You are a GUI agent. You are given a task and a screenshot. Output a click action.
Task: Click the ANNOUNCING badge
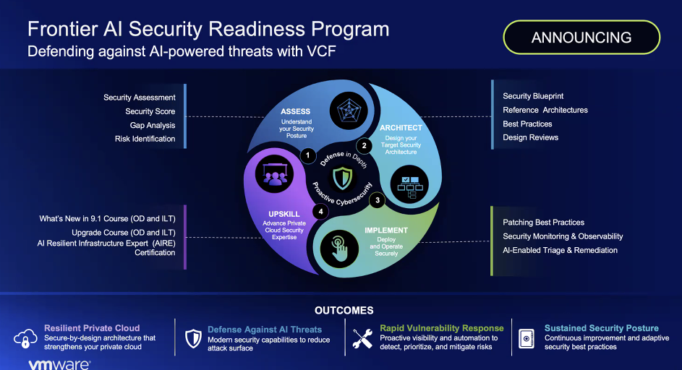click(x=581, y=38)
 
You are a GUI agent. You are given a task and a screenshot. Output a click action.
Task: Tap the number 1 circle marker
click(x=308, y=155)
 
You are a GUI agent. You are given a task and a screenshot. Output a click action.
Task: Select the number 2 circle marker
click(x=364, y=146)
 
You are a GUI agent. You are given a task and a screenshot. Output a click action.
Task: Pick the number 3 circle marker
click(x=377, y=200)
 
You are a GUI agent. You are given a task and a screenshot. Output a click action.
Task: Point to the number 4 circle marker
click(x=320, y=212)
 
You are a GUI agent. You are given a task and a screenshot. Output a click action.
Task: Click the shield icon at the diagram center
click(x=342, y=178)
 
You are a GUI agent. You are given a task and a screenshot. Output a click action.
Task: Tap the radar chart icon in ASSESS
click(x=349, y=111)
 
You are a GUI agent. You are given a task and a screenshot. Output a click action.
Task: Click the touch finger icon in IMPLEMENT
click(x=339, y=249)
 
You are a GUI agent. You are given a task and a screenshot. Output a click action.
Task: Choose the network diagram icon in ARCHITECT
click(x=409, y=184)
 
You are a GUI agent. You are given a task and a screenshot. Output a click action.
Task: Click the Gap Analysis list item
click(x=152, y=125)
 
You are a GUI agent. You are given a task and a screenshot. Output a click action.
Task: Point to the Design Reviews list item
click(x=531, y=137)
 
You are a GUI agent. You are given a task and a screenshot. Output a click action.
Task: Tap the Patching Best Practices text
click(x=544, y=222)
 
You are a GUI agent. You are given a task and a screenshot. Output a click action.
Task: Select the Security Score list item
click(x=150, y=111)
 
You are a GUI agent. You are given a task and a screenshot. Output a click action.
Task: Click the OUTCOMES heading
click(x=344, y=311)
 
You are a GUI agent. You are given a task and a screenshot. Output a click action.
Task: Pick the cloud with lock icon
click(x=25, y=337)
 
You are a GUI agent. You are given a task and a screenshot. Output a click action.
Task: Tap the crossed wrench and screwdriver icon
click(x=362, y=339)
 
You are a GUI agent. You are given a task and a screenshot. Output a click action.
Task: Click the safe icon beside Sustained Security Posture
click(x=527, y=338)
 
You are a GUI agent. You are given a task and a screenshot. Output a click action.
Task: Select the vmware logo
click(x=59, y=364)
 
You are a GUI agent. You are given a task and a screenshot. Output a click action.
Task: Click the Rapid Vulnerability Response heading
click(x=442, y=328)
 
